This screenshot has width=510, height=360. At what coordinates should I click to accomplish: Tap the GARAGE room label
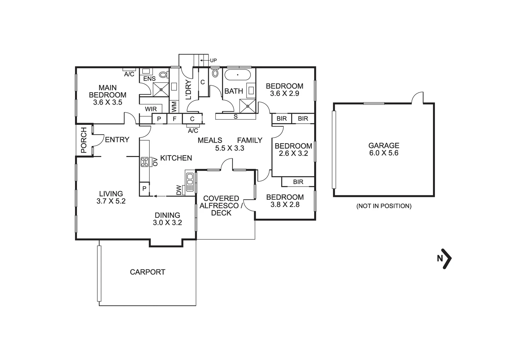[x=384, y=146]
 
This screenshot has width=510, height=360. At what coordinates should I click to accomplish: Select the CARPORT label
[x=147, y=272]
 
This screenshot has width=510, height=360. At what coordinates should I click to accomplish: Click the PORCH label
[x=83, y=140]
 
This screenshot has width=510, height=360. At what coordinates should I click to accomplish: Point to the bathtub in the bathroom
[x=237, y=75]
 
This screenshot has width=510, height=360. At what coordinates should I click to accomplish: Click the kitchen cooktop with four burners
[x=145, y=162]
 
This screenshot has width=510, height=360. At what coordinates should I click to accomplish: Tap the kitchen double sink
[x=190, y=182]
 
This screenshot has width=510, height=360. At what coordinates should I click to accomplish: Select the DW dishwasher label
[x=179, y=190]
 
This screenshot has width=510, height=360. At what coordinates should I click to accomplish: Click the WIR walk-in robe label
[x=151, y=109]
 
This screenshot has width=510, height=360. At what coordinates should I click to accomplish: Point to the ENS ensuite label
[x=149, y=79]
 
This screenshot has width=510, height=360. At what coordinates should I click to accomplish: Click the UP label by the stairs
[x=213, y=60]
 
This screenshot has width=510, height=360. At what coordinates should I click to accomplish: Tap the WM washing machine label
[x=174, y=107]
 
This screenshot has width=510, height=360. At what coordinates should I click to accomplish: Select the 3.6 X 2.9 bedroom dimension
[x=285, y=94]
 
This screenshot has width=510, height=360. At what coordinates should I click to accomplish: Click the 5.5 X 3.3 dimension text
[x=229, y=148]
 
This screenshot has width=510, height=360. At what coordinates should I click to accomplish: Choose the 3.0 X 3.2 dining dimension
[x=167, y=223]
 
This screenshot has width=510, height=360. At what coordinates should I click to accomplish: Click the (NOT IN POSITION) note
[x=384, y=206]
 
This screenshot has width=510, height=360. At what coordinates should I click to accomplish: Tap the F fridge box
[x=174, y=119]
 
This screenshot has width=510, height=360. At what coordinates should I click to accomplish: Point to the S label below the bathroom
[x=235, y=117]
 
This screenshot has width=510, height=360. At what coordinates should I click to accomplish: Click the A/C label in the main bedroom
[x=129, y=74]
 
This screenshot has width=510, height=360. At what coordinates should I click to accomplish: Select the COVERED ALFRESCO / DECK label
[x=221, y=206]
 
